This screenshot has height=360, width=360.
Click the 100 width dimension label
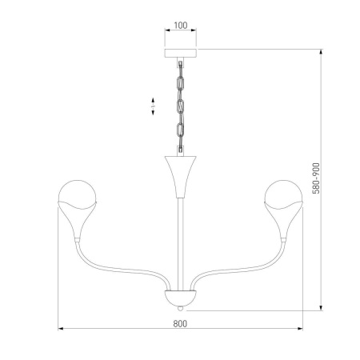180,25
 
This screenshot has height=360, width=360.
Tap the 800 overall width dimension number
180,323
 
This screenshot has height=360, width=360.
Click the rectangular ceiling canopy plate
180,54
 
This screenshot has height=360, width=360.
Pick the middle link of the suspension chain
180,106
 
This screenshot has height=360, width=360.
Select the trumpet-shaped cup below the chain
180,172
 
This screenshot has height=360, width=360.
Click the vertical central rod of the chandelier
180,240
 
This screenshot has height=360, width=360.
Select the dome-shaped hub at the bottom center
180,297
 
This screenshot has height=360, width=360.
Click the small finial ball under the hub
180,307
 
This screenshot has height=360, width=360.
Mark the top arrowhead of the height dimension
322,52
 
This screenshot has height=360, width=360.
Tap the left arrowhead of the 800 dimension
61,329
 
